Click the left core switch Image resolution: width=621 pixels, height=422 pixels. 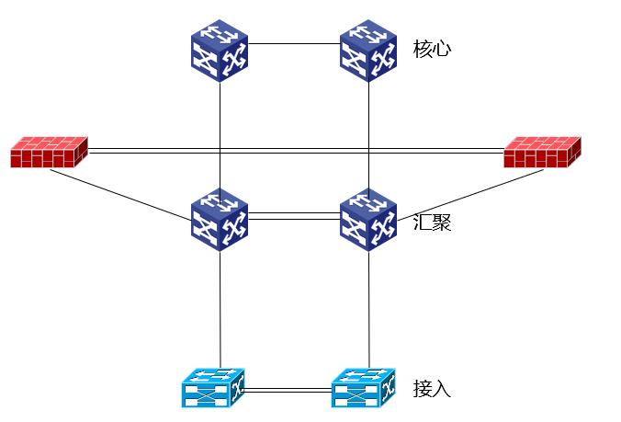(x=220, y=51)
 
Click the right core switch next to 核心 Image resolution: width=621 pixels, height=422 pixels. (x=368, y=51)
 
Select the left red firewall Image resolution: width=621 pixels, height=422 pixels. (x=49, y=152)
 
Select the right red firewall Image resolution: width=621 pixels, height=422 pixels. (x=543, y=152)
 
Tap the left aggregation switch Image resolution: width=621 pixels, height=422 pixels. (x=220, y=220)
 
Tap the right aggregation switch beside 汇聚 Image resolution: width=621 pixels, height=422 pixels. (x=368, y=220)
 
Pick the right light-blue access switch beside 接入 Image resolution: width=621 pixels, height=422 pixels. (x=363, y=387)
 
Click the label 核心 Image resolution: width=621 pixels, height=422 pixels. (x=432, y=49)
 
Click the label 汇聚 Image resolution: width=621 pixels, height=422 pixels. (x=432, y=222)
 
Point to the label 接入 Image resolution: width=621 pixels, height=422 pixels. (x=432, y=388)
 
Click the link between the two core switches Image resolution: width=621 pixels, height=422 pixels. (x=294, y=43)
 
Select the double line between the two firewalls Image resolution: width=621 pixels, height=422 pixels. (x=294, y=150)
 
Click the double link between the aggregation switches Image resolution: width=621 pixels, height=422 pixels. (x=294, y=216)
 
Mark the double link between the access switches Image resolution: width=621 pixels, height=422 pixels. (x=288, y=391)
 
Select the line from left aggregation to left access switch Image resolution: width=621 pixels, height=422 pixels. (x=220, y=308)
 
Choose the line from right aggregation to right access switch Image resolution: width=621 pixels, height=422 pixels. (x=369, y=308)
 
